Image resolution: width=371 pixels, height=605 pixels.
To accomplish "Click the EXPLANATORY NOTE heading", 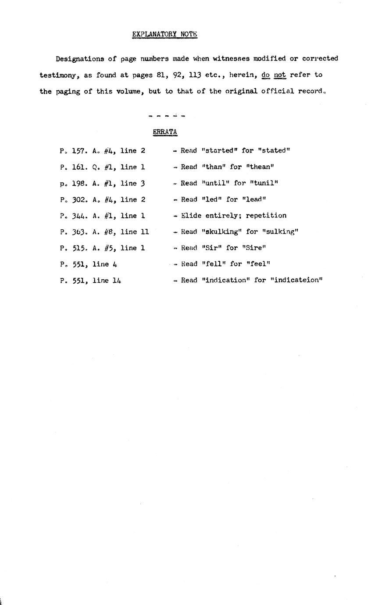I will click(164, 34).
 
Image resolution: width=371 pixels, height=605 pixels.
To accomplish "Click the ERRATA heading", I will click(165, 132).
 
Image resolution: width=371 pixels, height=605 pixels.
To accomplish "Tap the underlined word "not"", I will click(280, 75).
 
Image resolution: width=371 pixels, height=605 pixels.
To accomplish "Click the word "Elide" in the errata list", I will click(191, 215).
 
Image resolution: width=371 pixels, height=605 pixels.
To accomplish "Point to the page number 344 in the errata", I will click(79, 215).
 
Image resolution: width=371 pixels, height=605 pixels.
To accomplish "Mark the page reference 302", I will click(79, 199).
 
